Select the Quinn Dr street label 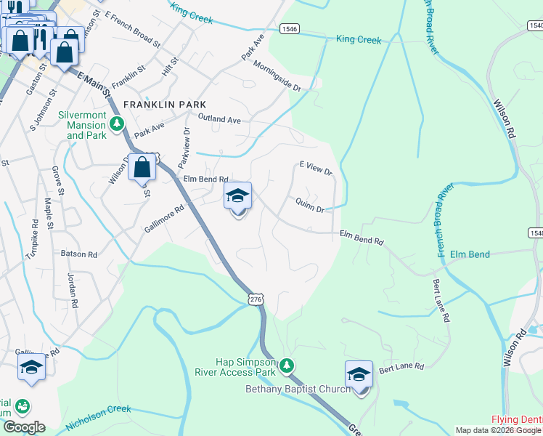[309, 207]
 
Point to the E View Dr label [315, 169]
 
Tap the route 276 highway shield [254, 299]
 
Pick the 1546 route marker [290, 29]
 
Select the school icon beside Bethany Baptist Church [359, 374]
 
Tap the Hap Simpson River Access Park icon [287, 365]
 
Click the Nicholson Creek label [98, 415]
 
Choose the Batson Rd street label [79, 254]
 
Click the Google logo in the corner [24, 427]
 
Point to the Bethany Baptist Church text [298, 389]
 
